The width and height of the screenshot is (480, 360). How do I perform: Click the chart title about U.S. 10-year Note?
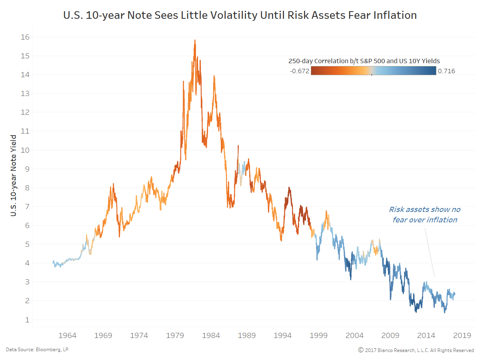tap(240, 15)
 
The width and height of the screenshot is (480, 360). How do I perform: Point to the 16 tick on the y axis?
tap(25, 37)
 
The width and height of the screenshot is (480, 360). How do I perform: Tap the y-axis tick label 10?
tap(25, 150)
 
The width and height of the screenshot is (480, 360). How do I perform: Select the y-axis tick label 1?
tap(26, 320)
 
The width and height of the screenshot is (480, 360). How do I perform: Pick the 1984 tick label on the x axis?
tap(211, 335)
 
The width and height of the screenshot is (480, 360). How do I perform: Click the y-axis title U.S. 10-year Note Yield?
tap(14, 176)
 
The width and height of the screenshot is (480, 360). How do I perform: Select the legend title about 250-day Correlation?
tap(364, 61)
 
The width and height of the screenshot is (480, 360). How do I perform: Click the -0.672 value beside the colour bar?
tap(299, 71)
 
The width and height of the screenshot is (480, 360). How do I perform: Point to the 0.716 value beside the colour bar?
tap(446, 71)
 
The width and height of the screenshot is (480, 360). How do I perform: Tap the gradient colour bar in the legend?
tap(373, 71)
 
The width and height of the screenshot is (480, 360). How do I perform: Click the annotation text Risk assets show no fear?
tap(424, 214)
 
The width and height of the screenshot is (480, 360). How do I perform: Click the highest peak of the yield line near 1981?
tap(195, 40)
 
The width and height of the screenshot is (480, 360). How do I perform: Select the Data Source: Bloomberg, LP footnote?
tap(31, 350)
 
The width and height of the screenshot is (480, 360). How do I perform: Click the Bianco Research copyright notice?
tap(416, 350)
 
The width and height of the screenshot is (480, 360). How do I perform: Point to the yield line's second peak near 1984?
tap(214, 76)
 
